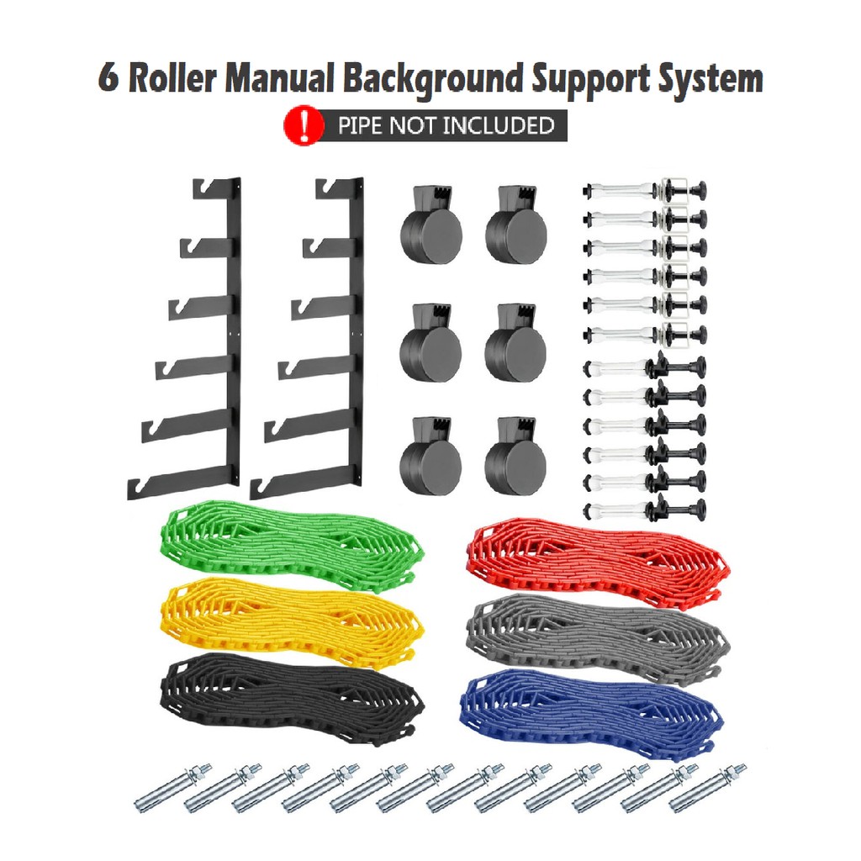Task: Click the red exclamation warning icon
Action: click(304, 126)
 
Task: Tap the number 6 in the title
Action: click(108, 79)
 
